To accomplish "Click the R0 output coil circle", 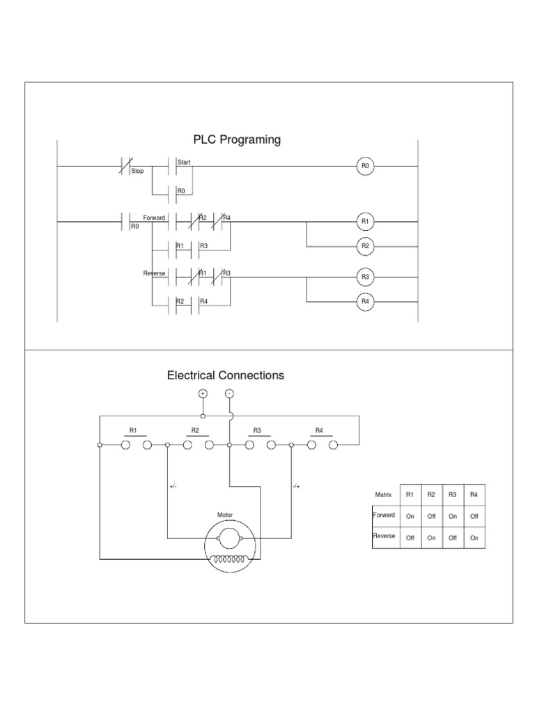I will (366, 167).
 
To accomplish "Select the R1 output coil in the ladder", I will (366, 222).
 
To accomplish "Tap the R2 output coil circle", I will (366, 246).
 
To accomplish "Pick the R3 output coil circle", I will (366, 277).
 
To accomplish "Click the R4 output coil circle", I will (366, 302).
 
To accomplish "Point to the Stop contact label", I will (137, 172).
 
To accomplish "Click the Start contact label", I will (184, 162).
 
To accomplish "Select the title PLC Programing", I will (237, 139).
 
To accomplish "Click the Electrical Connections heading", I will (226, 375).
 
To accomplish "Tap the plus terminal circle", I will (203, 393).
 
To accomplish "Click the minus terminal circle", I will (229, 393).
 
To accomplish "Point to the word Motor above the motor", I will (225, 515).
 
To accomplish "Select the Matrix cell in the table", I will (384, 494).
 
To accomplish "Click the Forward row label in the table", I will (384, 515).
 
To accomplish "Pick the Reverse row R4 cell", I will (474, 538).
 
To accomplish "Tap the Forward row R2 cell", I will (431, 516).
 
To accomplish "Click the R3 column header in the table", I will (452, 494).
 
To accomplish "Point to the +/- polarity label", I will (173, 487).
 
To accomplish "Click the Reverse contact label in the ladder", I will (154, 273).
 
